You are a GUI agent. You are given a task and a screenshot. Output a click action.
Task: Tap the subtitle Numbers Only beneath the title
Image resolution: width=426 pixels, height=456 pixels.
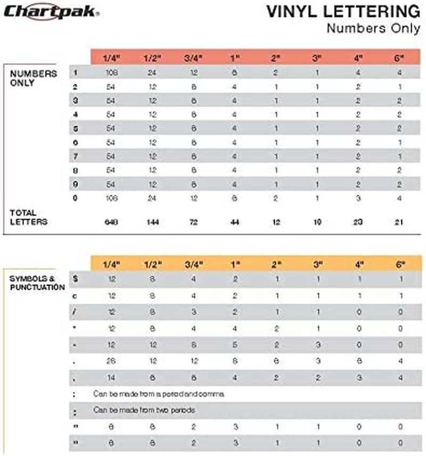(x=373, y=28)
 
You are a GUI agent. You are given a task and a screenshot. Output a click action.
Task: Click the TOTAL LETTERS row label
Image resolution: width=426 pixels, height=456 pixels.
(x=29, y=217)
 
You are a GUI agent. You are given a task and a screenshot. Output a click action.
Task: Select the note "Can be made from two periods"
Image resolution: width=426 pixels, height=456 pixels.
(x=144, y=410)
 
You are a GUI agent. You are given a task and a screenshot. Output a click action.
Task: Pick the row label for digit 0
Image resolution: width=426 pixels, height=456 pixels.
(x=76, y=197)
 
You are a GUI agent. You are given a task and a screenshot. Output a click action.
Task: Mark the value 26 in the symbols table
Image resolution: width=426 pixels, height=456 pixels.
(x=112, y=361)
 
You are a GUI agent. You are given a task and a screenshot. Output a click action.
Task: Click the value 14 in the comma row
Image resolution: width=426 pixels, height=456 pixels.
(x=112, y=377)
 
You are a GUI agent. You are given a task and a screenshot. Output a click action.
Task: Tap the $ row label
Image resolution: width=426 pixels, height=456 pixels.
(x=76, y=279)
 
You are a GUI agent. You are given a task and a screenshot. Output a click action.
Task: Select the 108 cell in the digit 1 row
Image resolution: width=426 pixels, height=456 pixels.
(x=112, y=72)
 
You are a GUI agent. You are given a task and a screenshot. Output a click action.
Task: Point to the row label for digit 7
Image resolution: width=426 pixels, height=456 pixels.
(x=76, y=156)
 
